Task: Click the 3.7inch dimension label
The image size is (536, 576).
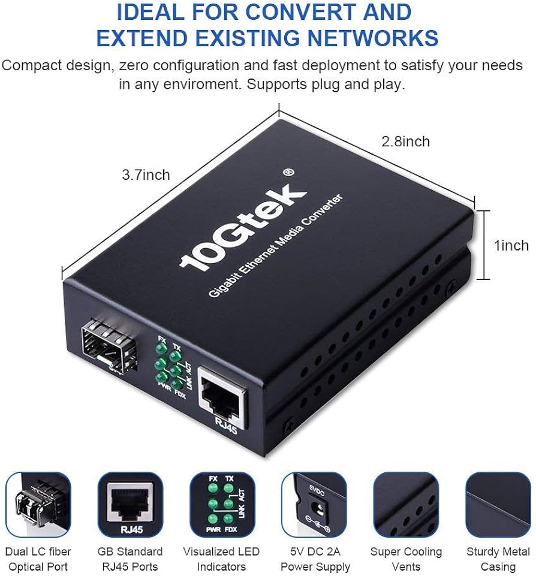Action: coord(146,175)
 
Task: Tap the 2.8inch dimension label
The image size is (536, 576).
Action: coord(406,141)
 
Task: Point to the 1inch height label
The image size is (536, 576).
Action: coord(511,245)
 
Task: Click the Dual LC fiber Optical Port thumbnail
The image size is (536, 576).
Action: coord(38,504)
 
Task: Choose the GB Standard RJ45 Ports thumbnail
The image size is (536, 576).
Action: coord(130,504)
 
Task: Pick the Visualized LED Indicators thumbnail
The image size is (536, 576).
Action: coord(222,504)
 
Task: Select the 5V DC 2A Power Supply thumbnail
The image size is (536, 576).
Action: coord(314,504)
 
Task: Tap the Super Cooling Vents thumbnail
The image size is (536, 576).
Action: coord(406,504)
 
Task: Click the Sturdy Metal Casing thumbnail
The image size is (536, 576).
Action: coord(498,504)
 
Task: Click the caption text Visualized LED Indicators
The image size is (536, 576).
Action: coord(221,559)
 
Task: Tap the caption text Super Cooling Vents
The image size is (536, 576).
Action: coord(406,559)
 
